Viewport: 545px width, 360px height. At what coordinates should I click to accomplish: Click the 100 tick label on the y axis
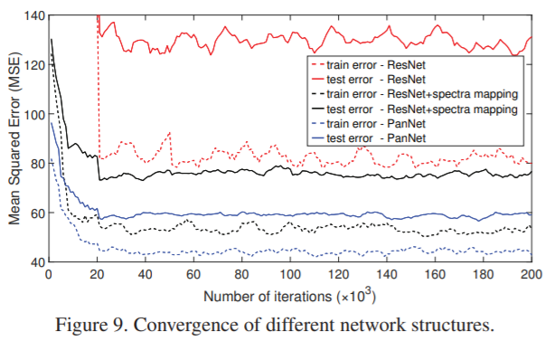coord(33,115)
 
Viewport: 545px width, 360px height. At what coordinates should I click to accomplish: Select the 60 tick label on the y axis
coord(35,213)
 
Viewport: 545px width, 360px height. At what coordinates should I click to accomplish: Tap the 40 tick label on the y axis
coord(35,262)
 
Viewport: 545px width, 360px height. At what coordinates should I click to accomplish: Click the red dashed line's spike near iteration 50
coord(169,134)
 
